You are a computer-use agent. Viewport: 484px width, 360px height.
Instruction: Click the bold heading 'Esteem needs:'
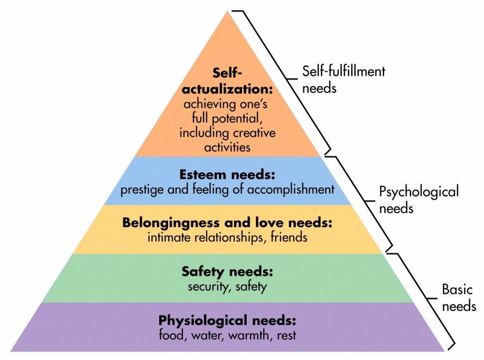point(227,175)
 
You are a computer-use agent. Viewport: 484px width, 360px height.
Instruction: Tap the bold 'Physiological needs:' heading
point(227,321)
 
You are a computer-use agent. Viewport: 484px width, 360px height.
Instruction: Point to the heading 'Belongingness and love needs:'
point(227,222)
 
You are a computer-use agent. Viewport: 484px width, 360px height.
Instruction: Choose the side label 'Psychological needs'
point(419,199)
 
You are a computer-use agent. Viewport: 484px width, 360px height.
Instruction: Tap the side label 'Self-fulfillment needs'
point(344,79)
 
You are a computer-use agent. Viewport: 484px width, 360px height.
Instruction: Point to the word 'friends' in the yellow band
point(289,237)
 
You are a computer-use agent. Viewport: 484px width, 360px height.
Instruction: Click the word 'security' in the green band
point(208,286)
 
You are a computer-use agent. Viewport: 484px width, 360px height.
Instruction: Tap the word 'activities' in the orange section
point(227,147)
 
